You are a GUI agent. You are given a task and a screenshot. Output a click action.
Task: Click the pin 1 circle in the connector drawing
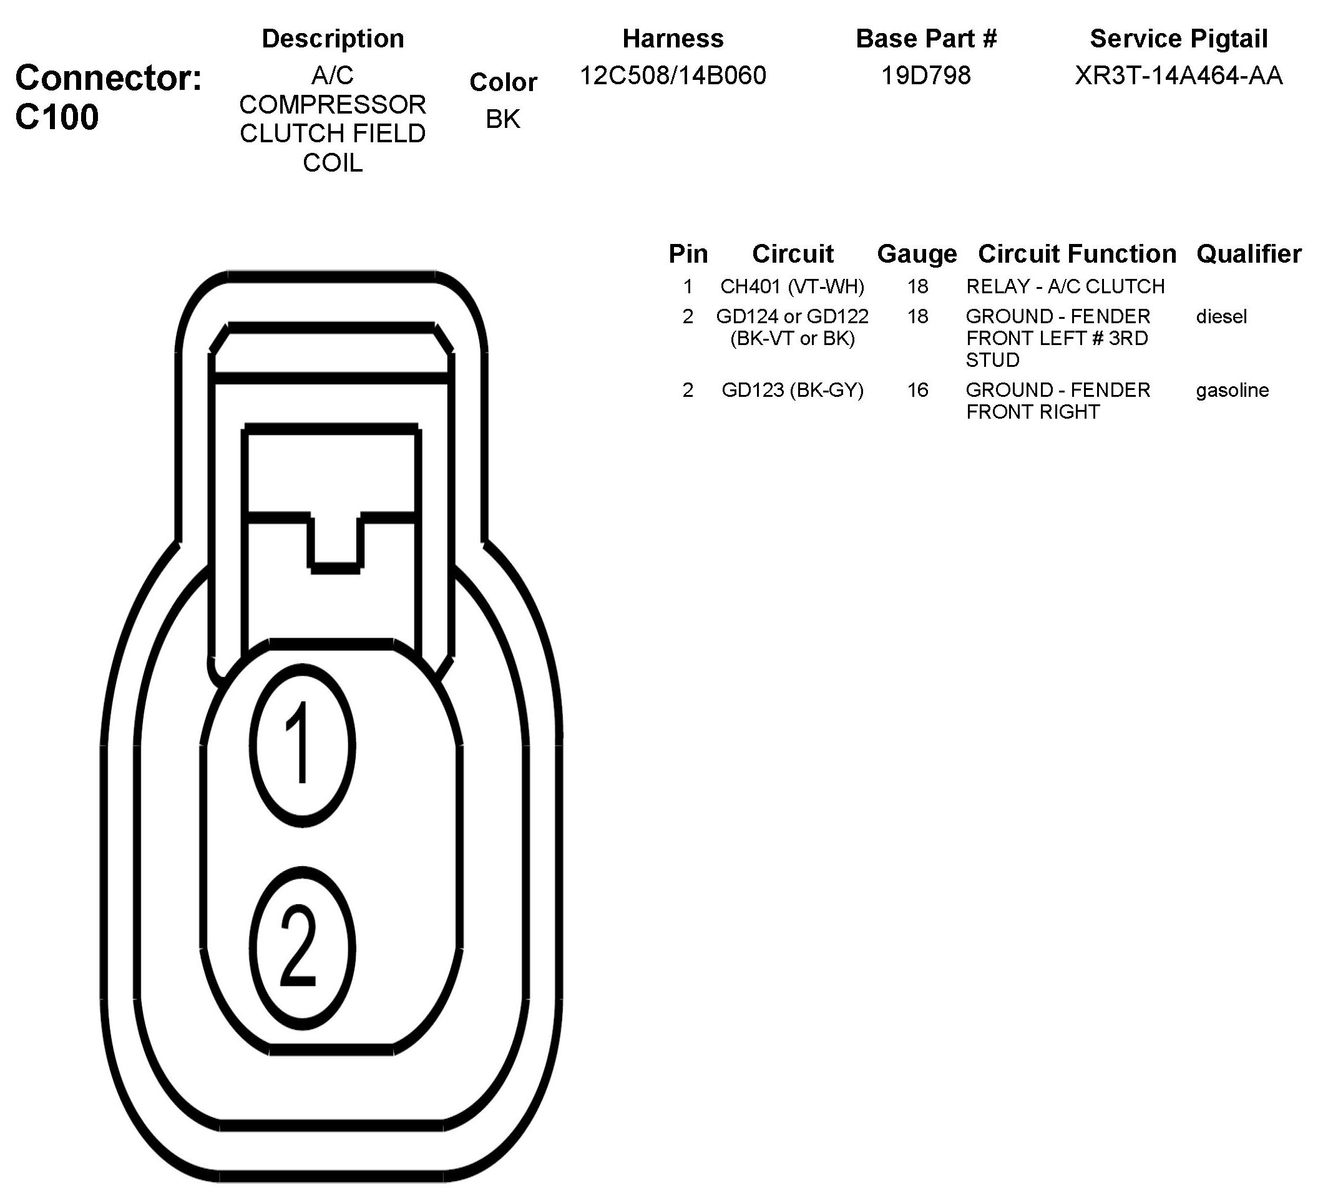coord(302,746)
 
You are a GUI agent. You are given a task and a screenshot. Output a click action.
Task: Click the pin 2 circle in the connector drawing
coord(302,948)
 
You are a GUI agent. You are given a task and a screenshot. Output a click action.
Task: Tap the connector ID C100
coord(57,117)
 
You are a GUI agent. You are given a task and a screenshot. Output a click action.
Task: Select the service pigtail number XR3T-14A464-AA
coord(1178,75)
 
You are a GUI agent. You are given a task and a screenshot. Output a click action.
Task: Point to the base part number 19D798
coord(925,75)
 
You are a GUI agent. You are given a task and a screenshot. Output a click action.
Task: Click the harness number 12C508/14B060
coord(673,75)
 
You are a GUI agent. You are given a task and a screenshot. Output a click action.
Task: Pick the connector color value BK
coord(502,119)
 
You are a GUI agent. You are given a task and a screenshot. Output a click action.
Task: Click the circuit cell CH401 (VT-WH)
coord(792,286)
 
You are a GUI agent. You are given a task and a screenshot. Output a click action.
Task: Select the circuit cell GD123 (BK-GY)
coord(792,390)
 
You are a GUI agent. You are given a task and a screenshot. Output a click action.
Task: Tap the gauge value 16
coord(917,390)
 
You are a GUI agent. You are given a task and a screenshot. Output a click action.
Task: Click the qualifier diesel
coord(1221,317)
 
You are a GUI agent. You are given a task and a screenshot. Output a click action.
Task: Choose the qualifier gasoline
coord(1232,390)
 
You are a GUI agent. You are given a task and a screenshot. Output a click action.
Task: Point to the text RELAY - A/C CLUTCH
coord(1065,286)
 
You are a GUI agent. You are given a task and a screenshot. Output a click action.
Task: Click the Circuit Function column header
coord(1077,253)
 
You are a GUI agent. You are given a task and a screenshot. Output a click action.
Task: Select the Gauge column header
coord(917,253)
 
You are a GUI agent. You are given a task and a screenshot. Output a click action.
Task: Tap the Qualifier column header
coord(1248,253)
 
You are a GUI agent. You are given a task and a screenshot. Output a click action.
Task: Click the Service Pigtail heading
coord(1178,39)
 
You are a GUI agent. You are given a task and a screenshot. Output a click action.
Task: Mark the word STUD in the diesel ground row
coord(993,360)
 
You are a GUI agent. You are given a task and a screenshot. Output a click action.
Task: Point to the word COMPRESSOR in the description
coord(333,105)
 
